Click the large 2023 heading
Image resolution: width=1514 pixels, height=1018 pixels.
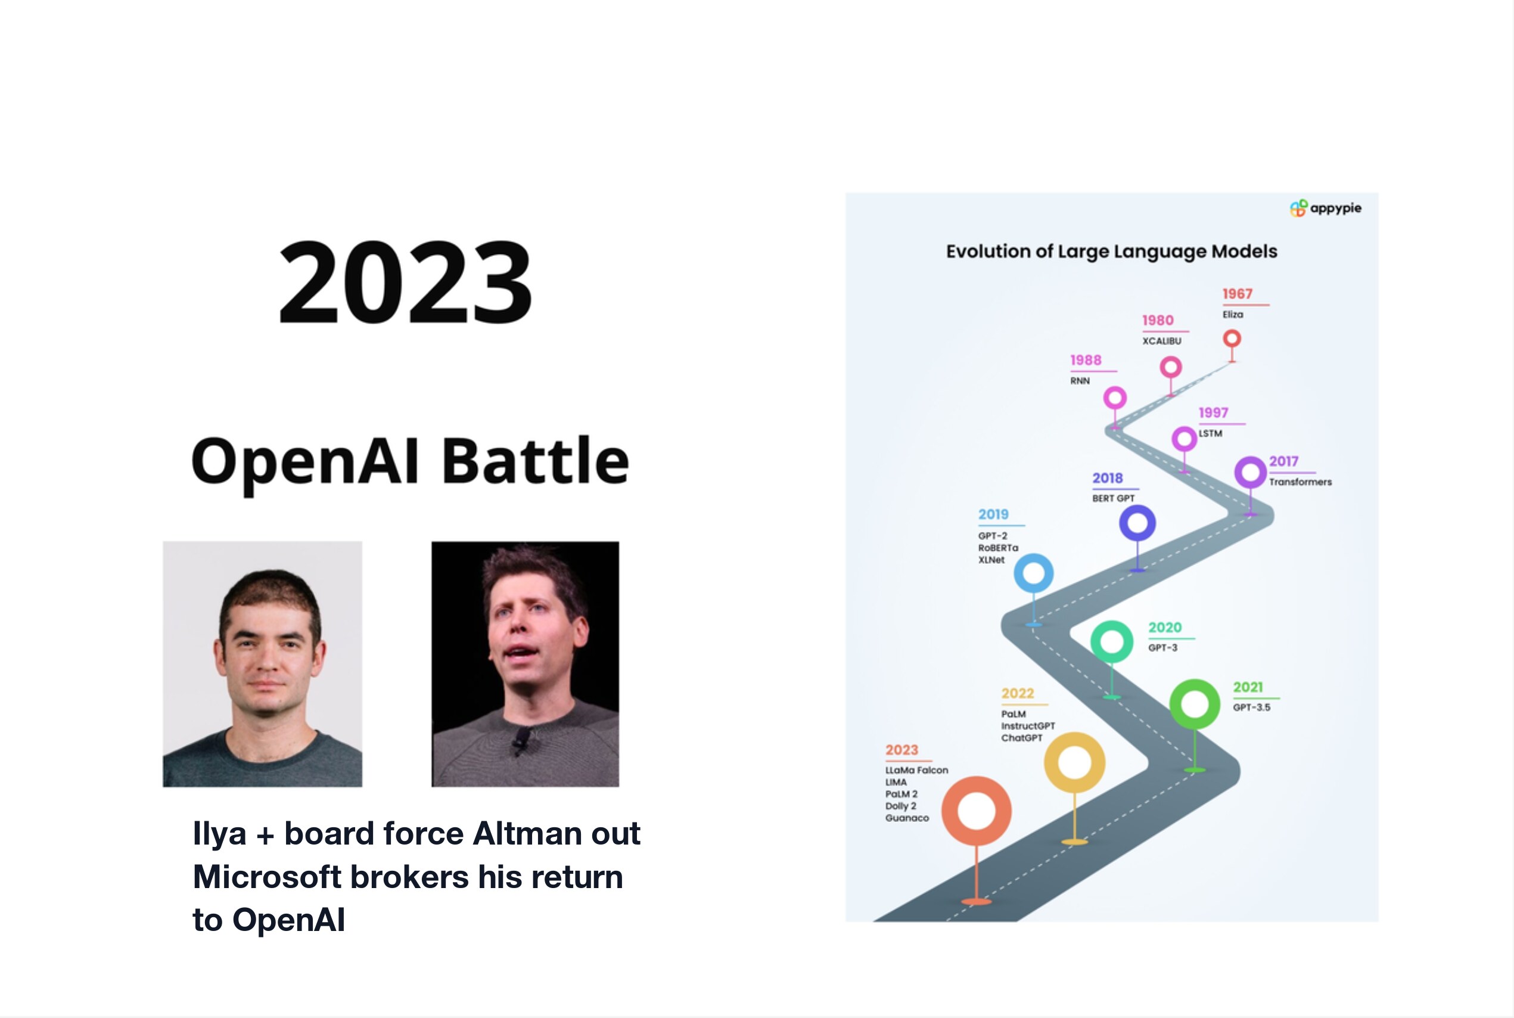point(405,282)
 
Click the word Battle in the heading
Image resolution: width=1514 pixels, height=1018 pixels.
point(536,460)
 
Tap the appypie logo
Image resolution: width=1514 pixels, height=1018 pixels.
point(1325,209)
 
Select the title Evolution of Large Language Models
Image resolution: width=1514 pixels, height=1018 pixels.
point(1111,252)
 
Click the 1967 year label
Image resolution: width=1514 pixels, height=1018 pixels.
point(1237,294)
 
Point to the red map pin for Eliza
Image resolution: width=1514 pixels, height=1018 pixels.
point(1232,339)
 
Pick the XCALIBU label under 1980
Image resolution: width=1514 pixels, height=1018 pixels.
point(1162,341)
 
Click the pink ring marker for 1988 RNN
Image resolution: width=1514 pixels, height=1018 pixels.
point(1115,398)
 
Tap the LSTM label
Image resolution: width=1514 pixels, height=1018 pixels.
point(1210,433)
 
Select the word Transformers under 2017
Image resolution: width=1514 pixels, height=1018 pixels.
point(1300,482)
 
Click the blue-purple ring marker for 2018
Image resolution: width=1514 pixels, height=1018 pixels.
point(1137,523)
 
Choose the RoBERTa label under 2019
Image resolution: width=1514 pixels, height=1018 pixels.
point(998,548)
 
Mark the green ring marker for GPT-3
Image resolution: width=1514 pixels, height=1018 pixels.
point(1112,641)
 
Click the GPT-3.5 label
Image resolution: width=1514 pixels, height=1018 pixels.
point(1252,707)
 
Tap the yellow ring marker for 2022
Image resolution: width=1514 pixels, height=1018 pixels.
point(1074,762)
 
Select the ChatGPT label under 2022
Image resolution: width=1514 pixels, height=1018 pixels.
point(1021,737)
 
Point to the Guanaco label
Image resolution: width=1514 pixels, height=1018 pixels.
point(907,818)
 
